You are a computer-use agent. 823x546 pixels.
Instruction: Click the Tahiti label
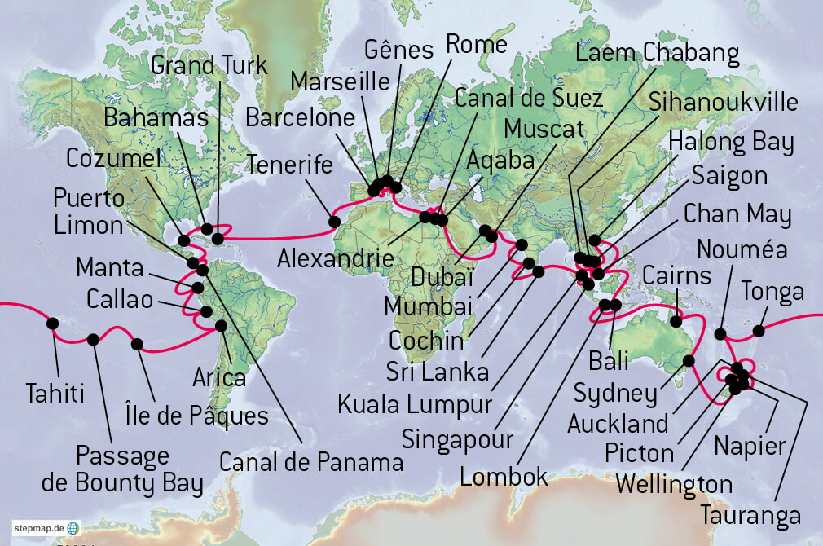pyautogui.click(x=55, y=394)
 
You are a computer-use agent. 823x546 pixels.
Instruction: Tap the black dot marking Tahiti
pyautogui.click(x=53, y=324)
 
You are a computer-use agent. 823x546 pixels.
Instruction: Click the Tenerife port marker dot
pyautogui.click(x=334, y=221)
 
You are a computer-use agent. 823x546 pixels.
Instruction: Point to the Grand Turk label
pyautogui.click(x=209, y=65)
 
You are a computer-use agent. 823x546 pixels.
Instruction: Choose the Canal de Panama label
pyautogui.click(x=311, y=463)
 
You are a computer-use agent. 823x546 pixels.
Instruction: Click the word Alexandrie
pyautogui.click(x=336, y=258)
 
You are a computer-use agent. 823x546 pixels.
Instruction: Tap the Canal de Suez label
pyautogui.click(x=529, y=99)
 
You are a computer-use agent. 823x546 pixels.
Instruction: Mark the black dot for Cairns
pyautogui.click(x=676, y=322)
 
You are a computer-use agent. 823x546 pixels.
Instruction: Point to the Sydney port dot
pyautogui.click(x=689, y=360)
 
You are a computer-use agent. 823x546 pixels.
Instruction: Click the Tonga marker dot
pyautogui.click(x=759, y=330)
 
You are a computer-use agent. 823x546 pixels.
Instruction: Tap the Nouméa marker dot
pyautogui.click(x=720, y=333)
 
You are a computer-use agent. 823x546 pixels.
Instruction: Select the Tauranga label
pyautogui.click(x=750, y=515)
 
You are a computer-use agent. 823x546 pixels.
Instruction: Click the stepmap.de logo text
pyautogui.click(x=38, y=528)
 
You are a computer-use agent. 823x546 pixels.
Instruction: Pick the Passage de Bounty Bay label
pyautogui.click(x=122, y=469)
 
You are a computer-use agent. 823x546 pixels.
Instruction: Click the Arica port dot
pyautogui.click(x=220, y=326)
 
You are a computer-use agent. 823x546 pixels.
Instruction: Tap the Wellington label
pyautogui.click(x=674, y=484)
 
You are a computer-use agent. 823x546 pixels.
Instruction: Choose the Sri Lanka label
pyautogui.click(x=439, y=372)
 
